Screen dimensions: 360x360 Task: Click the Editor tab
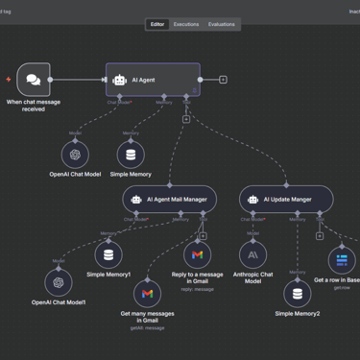pyautogui.click(x=157, y=24)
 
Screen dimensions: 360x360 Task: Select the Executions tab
pyautogui.click(x=186, y=24)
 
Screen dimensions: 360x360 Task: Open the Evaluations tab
pyautogui.click(x=222, y=24)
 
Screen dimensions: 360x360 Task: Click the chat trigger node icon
pyautogui.click(x=34, y=80)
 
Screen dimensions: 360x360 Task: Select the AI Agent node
pyautogui.click(x=154, y=80)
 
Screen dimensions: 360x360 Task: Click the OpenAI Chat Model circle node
pyautogui.click(x=75, y=154)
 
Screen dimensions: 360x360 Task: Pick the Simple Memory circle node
pyautogui.click(x=131, y=154)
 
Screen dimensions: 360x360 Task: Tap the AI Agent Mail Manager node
pyautogui.click(x=170, y=200)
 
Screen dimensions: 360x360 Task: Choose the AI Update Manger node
pyautogui.click(x=286, y=200)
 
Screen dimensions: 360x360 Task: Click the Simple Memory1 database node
pyautogui.click(x=108, y=254)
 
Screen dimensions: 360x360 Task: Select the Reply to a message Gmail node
pyautogui.click(x=198, y=254)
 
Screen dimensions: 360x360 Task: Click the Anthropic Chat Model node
pyautogui.click(x=252, y=254)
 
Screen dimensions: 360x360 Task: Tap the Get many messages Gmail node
pyautogui.click(x=147, y=293)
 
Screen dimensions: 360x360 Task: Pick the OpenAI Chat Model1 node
pyautogui.click(x=59, y=282)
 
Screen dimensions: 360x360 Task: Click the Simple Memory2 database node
pyautogui.click(x=298, y=293)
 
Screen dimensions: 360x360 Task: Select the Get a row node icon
pyautogui.click(x=342, y=260)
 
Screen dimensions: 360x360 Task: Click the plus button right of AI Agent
pyautogui.click(x=224, y=80)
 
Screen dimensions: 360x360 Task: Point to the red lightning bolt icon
pyautogui.click(x=9, y=80)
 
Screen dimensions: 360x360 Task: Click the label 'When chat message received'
pyautogui.click(x=33, y=105)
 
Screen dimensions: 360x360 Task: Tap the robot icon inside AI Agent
pyautogui.click(x=120, y=81)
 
